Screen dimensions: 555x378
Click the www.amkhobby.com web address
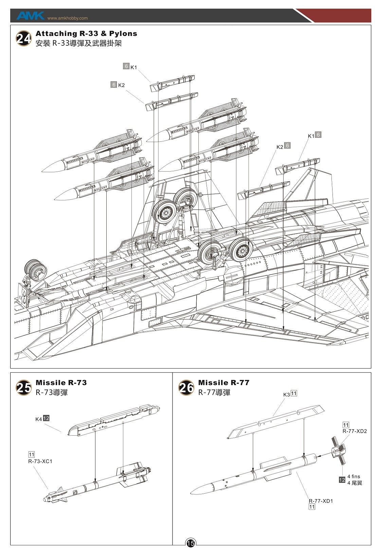coord(68,18)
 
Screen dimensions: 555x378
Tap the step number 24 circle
coord(24,38)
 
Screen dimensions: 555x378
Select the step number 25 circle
coord(24,387)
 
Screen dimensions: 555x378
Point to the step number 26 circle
coord(186,387)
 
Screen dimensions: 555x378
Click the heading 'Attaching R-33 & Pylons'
coord(86,34)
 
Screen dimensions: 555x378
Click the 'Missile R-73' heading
coord(61,383)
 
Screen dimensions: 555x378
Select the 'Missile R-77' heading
coord(223,383)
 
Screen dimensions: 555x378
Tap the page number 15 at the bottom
coord(191,543)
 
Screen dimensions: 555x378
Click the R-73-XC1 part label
coord(40,461)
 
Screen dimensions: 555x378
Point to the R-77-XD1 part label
coord(321,501)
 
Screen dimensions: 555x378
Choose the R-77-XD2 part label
coord(354,431)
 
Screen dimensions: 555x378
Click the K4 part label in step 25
coord(38,419)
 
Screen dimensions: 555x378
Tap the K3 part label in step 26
coord(286,394)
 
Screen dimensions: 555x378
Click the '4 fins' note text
coord(354,476)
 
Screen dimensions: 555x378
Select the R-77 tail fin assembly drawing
coord(338,450)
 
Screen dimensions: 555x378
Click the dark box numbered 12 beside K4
coord(47,418)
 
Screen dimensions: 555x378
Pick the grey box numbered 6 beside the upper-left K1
coord(126,66)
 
